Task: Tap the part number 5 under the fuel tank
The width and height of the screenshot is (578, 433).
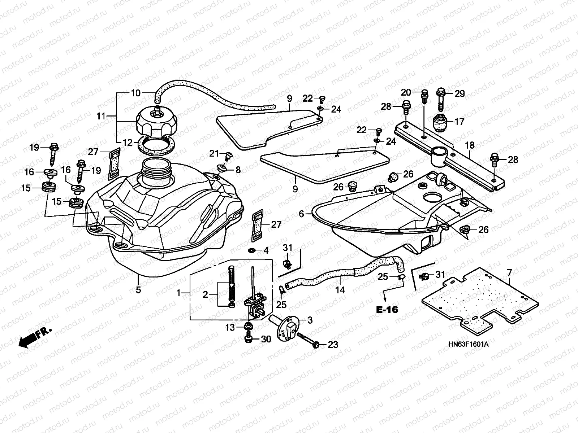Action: [x=138, y=289]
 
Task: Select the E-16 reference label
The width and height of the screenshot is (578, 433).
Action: [x=387, y=310]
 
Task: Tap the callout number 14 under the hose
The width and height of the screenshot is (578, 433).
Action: [x=340, y=289]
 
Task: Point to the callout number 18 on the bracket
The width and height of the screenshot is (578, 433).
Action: [x=470, y=145]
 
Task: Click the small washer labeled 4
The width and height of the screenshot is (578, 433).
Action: [x=250, y=250]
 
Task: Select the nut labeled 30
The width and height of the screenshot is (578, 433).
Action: [x=248, y=339]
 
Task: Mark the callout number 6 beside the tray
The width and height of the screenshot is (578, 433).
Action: [x=302, y=214]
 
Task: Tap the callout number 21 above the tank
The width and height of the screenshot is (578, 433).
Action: [x=215, y=154]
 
